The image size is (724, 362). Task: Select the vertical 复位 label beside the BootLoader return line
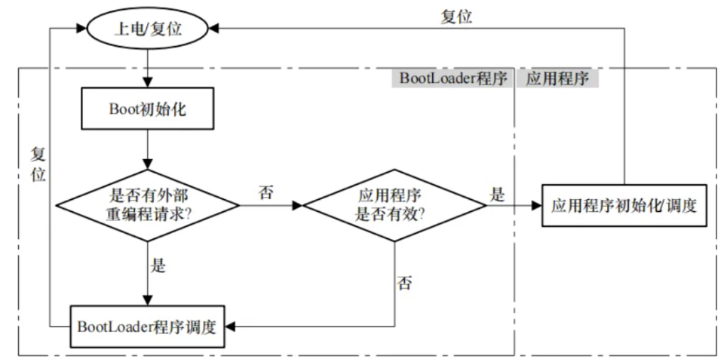tap(38, 165)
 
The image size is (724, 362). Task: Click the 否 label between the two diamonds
tap(265, 192)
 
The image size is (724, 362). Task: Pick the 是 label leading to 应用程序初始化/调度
tap(497, 195)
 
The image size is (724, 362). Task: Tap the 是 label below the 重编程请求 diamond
tap(158, 266)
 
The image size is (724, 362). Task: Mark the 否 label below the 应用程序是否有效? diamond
tap(404, 282)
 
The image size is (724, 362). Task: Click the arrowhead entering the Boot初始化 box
tap(147, 84)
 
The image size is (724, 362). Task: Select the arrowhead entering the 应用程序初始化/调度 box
tap(536, 205)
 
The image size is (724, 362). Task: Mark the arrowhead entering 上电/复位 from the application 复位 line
tap(213, 29)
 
